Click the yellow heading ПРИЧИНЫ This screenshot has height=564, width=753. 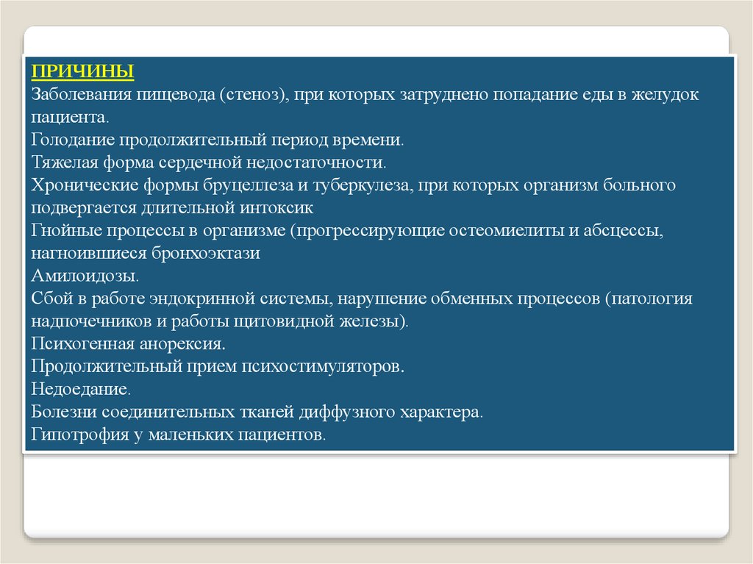click(x=82, y=71)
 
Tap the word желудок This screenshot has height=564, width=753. click(x=665, y=94)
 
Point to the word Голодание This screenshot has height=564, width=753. click(x=73, y=140)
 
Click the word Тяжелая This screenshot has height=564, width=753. click(x=65, y=163)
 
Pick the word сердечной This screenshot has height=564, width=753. click(x=200, y=163)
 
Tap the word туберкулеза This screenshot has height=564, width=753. click(x=363, y=185)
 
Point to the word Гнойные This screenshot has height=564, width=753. click(x=67, y=231)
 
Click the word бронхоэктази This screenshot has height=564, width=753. click(x=206, y=253)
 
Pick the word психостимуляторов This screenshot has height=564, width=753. click(x=323, y=366)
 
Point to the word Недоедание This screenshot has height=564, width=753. click(x=81, y=389)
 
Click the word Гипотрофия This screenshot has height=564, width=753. click(x=80, y=435)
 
